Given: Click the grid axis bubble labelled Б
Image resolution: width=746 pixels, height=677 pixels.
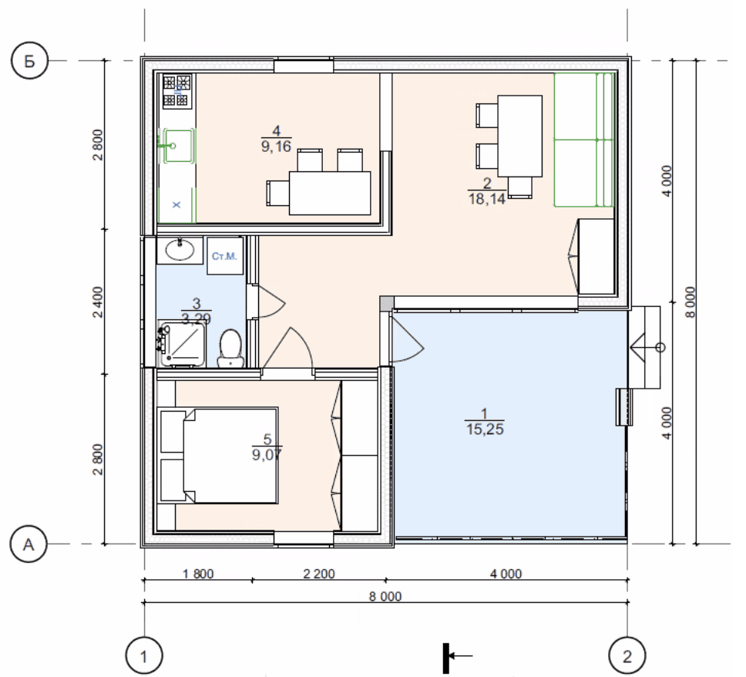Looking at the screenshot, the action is [29, 61].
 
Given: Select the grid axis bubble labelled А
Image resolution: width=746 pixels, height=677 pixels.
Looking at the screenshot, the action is [29, 544].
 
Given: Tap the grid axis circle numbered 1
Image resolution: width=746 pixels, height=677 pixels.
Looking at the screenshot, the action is [143, 656].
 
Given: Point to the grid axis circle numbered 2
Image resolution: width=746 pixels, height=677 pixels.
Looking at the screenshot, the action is [627, 656].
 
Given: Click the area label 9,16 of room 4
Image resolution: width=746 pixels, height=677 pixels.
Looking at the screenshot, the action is [276, 147].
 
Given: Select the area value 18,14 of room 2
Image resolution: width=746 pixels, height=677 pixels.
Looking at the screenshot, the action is [487, 198].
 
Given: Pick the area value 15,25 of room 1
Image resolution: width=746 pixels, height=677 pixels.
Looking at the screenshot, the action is [485, 429].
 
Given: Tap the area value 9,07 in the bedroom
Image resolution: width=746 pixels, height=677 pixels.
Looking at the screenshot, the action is [267, 455].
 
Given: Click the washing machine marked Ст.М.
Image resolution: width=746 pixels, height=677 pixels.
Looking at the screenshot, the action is [224, 256].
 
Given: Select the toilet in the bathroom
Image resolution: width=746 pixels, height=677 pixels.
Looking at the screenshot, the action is [230, 348].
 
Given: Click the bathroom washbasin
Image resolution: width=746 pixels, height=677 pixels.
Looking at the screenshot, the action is [180, 250].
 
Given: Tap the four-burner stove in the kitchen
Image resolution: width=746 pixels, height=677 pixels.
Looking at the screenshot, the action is [177, 90].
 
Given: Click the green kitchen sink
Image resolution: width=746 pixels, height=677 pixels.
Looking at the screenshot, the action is [177, 146].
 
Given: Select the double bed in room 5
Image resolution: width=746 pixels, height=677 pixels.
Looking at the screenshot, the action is [219, 456].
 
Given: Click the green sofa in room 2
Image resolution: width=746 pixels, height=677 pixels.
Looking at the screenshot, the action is [583, 140].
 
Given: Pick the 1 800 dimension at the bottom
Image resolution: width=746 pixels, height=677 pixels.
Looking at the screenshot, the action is [198, 574].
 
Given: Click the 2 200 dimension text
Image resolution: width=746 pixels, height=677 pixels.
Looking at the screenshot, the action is [319, 574].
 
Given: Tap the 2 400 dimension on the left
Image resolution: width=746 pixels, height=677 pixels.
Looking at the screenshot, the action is [98, 301].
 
